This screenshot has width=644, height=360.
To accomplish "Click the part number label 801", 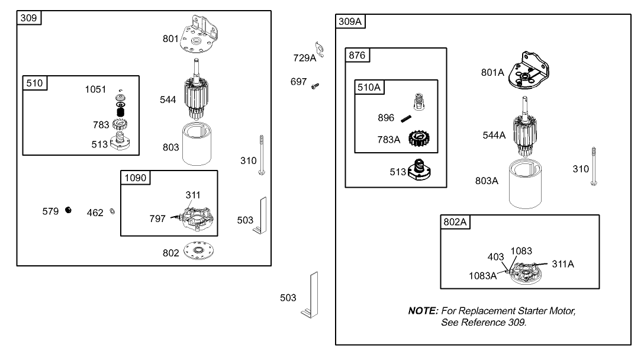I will click(170, 39).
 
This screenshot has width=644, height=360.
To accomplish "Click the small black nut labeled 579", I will click(69, 210).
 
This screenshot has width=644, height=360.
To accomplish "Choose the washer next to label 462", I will click(112, 212).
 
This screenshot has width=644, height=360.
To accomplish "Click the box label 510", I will click(35, 83).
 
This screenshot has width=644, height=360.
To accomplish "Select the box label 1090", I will click(134, 178).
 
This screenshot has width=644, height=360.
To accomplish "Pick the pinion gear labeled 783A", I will click(418, 141).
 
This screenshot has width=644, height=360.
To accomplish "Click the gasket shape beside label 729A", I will click(318, 46).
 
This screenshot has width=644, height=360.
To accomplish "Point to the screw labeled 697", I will click(315, 86).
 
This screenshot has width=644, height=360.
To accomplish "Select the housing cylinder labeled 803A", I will click(530, 184).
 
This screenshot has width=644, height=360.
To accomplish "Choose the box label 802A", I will click(455, 222).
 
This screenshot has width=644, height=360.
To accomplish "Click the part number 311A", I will click(563, 264).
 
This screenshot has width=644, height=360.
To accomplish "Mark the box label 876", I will click(358, 56).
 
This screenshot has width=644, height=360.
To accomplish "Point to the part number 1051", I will click(96, 90).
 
